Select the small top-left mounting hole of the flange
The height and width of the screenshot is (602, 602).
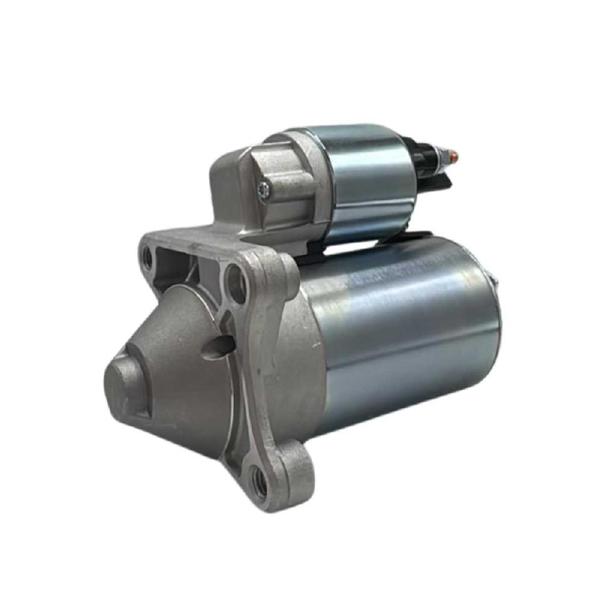[x=147, y=258]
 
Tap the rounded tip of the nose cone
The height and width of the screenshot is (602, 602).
[x=123, y=382]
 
